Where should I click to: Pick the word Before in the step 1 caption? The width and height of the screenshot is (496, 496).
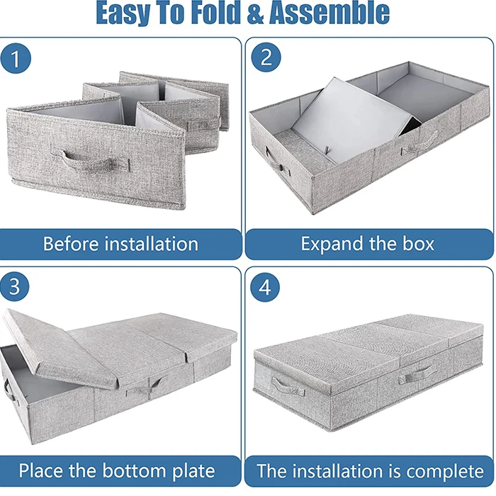[x=72, y=244]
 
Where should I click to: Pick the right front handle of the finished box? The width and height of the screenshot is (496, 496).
[x=415, y=374]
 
